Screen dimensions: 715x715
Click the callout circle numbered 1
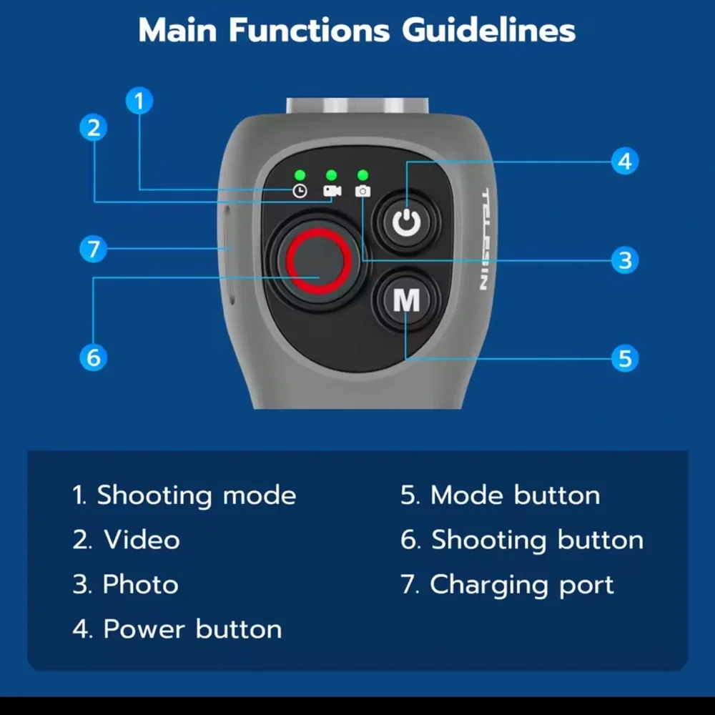point(139,101)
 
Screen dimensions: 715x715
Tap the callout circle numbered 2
point(94,128)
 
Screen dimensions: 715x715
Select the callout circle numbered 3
point(625,260)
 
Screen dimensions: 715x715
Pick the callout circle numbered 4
point(625,161)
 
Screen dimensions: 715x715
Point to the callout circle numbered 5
point(625,358)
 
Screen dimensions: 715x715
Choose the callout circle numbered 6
point(94,357)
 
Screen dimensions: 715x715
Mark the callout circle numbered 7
point(94,249)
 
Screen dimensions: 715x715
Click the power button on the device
point(406,222)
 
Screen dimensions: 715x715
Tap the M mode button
point(406,300)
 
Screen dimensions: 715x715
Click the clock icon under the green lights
point(300,191)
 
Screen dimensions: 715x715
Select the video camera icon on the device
point(332,191)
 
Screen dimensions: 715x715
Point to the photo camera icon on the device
point(363,191)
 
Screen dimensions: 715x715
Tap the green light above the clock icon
point(300,175)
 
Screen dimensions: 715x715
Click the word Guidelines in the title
point(488,31)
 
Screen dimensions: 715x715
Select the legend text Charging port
point(522,585)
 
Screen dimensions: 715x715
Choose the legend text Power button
point(192,629)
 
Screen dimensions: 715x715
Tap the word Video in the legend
point(142,540)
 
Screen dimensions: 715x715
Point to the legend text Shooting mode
point(197,495)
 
